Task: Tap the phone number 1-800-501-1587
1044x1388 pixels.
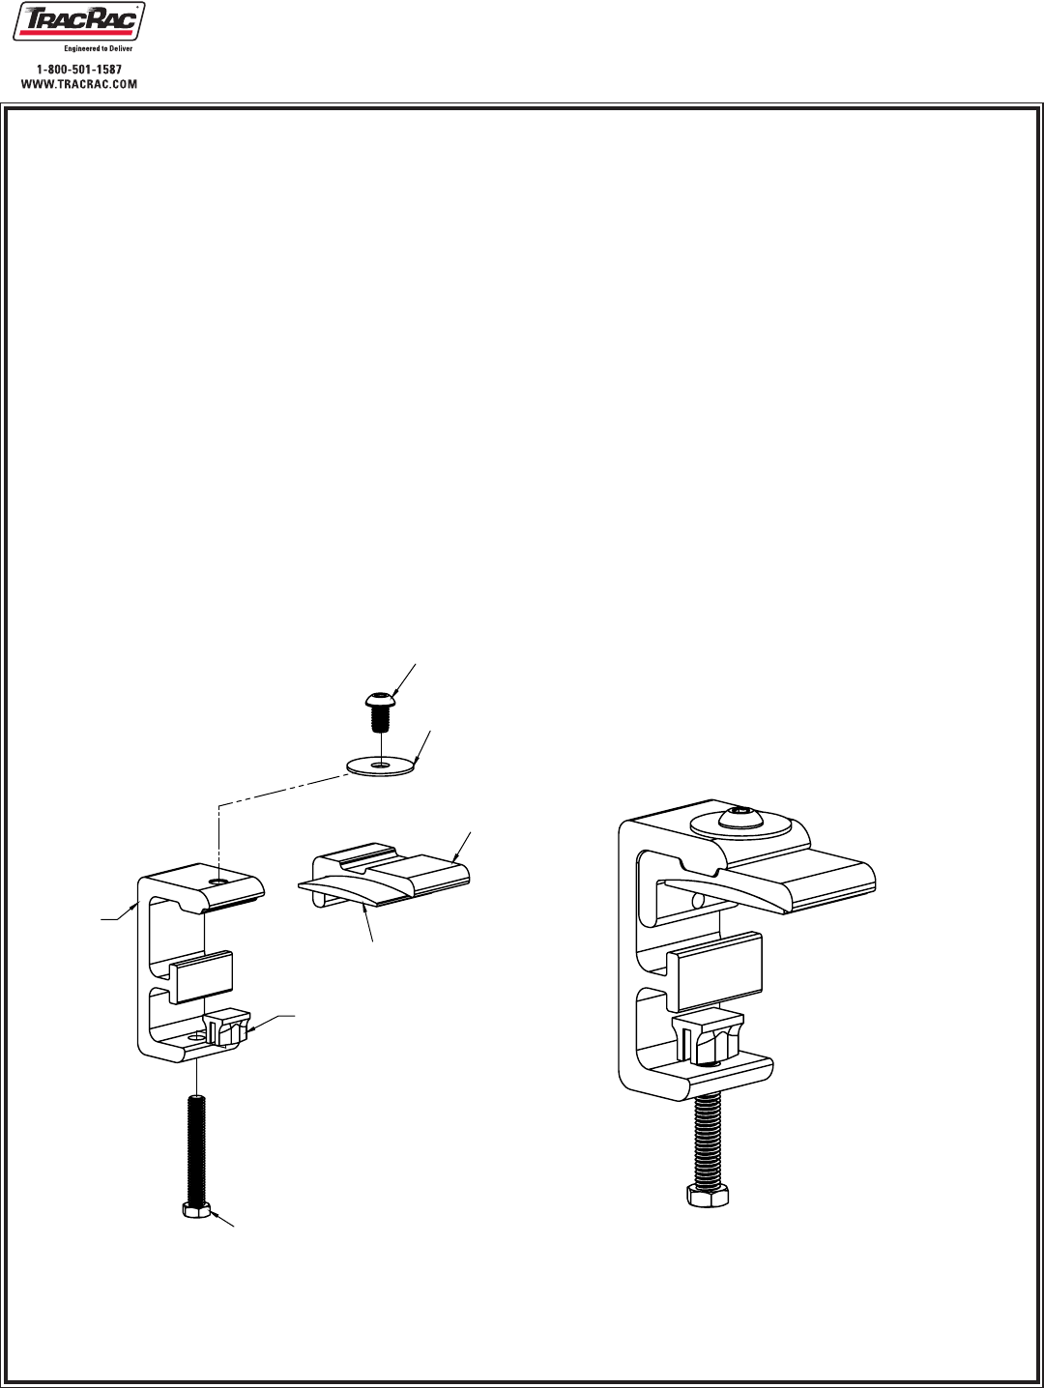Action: (79, 71)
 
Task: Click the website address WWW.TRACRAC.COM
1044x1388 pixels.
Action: (79, 84)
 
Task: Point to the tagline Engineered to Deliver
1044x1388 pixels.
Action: (98, 47)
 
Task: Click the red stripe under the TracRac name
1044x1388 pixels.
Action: (75, 33)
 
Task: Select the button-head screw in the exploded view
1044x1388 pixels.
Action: (382, 710)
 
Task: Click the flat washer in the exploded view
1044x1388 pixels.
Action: (381, 766)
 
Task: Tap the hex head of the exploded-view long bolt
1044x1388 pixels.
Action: (196, 1209)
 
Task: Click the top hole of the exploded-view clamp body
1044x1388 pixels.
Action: (221, 882)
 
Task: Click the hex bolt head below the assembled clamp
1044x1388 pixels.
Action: (708, 1195)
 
